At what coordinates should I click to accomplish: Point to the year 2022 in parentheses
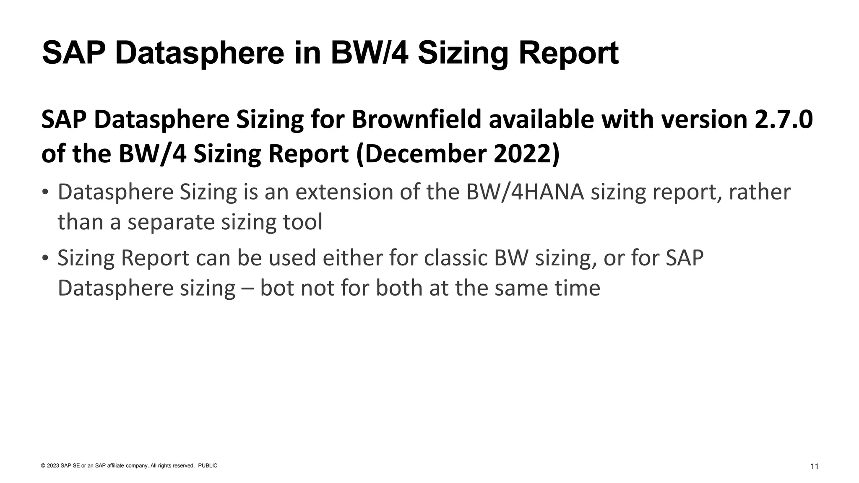(x=523, y=154)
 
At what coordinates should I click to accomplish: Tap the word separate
(x=171, y=222)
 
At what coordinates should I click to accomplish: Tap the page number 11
(x=814, y=467)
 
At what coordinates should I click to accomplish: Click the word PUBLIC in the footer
(x=208, y=466)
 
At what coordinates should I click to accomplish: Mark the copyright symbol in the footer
(x=43, y=466)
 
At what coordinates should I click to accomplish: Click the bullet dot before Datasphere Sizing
(x=45, y=193)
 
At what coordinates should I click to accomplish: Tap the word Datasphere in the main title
(x=199, y=53)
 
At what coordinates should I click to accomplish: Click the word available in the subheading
(x=541, y=119)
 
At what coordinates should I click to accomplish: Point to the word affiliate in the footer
(x=116, y=466)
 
